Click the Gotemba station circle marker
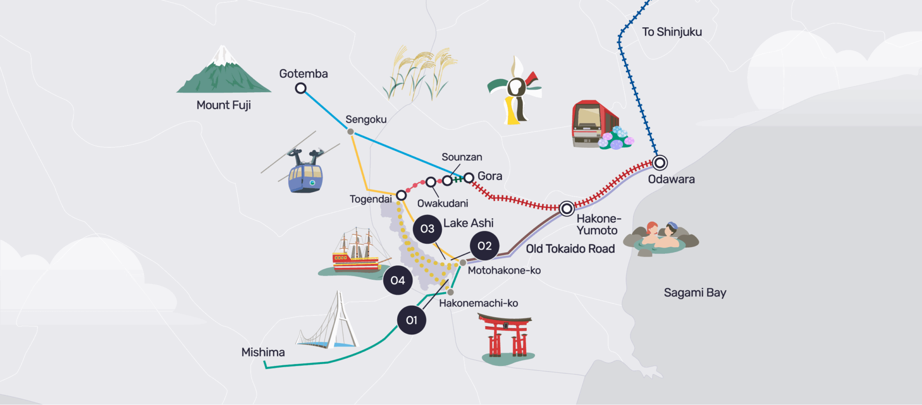(301, 88)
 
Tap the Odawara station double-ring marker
(660, 163)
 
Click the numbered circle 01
(412, 320)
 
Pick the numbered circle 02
(485, 246)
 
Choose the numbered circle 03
(427, 229)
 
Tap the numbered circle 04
(398, 280)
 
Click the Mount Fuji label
(224, 106)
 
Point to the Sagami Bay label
(695, 293)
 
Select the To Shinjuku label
(672, 32)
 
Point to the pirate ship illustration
(355, 253)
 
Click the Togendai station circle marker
(401, 195)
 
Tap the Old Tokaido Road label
(570, 249)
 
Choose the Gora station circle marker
(469, 178)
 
